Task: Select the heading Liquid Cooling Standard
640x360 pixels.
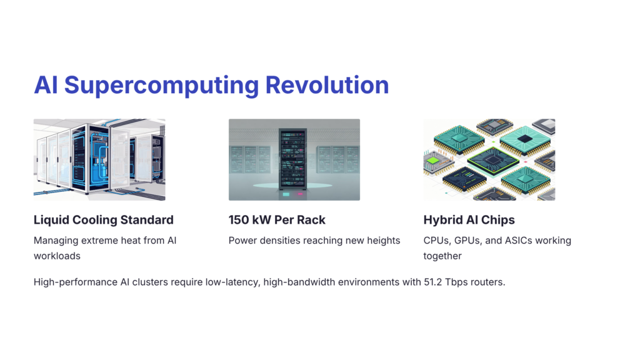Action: (x=104, y=220)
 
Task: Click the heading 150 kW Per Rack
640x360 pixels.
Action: (x=277, y=220)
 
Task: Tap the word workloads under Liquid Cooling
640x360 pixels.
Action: (x=57, y=256)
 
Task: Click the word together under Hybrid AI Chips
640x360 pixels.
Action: (x=442, y=256)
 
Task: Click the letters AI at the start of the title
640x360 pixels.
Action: (x=46, y=85)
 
